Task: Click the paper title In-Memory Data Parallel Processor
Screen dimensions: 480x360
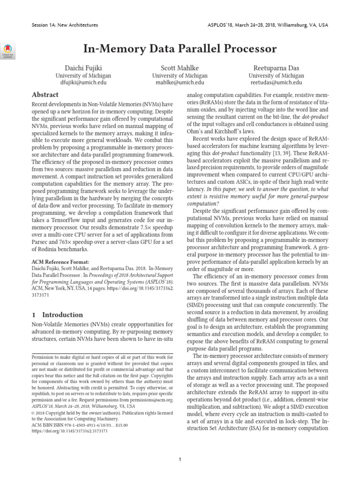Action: pyautogui.click(x=180, y=49)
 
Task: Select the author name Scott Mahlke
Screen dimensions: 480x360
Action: pyautogui.click(x=180, y=67)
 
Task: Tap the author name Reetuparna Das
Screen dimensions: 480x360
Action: pyautogui.click(x=276, y=67)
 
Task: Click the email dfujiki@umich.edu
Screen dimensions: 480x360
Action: pyautogui.click(x=83, y=82)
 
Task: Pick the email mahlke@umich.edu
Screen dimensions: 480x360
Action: pyautogui.click(x=180, y=82)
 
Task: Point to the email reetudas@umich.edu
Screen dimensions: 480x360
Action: pyautogui.click(x=276, y=82)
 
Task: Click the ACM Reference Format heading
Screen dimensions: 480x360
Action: pyautogui.click(x=60, y=262)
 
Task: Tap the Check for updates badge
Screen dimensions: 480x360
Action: pyautogui.click(x=9, y=50)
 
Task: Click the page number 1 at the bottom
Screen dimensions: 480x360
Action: pyautogui.click(x=180, y=447)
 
